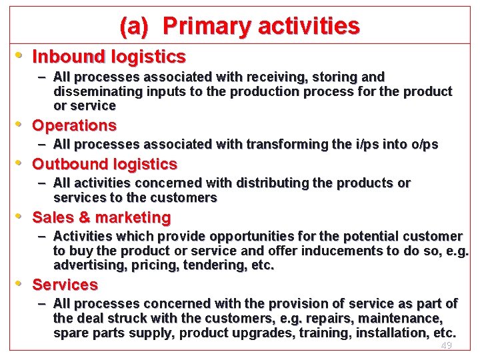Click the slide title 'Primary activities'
tap(261, 26)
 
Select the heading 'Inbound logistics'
tap(109, 55)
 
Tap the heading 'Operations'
tap(74, 125)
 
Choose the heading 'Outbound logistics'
tap(105, 164)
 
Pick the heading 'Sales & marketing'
tap(101, 217)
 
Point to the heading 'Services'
tap(65, 285)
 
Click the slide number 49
tap(446, 345)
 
